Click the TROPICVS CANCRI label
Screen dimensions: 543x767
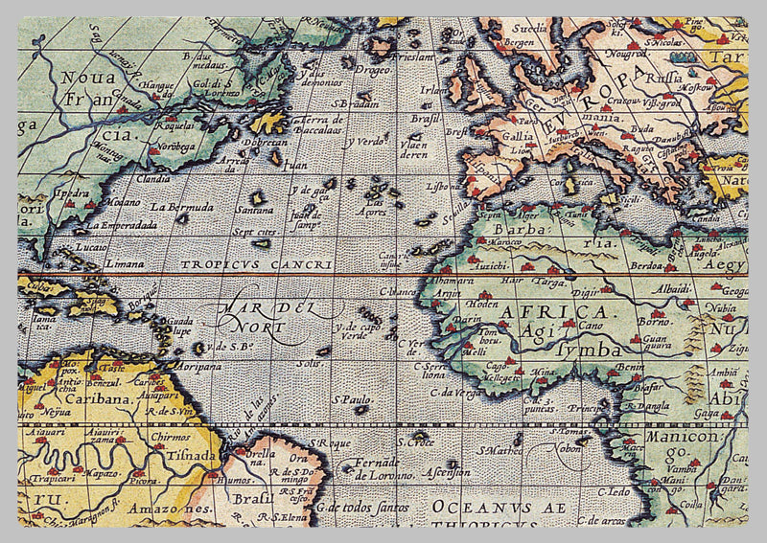coord(259,264)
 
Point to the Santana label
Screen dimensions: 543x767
coord(254,208)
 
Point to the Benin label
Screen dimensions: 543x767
coord(630,367)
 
